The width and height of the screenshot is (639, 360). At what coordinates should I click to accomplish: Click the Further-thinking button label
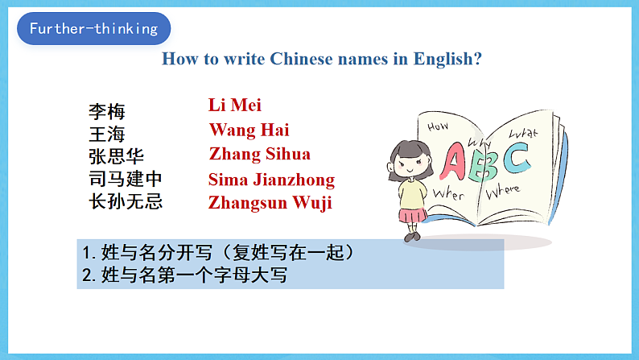(x=93, y=29)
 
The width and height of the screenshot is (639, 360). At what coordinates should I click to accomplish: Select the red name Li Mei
(x=235, y=105)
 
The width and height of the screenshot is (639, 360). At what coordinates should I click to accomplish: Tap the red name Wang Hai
(x=249, y=130)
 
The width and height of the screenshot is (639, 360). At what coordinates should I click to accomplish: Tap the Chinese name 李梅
(x=107, y=111)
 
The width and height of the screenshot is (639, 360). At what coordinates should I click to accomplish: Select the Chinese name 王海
(x=107, y=134)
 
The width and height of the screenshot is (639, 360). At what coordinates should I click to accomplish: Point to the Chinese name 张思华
(x=116, y=156)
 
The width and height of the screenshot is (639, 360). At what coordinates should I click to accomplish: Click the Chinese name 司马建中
(x=126, y=179)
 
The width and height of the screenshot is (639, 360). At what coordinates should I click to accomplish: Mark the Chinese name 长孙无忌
(x=126, y=201)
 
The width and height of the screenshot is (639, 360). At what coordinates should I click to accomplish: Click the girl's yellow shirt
(x=413, y=193)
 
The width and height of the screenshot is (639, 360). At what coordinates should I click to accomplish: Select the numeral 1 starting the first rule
(x=86, y=253)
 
